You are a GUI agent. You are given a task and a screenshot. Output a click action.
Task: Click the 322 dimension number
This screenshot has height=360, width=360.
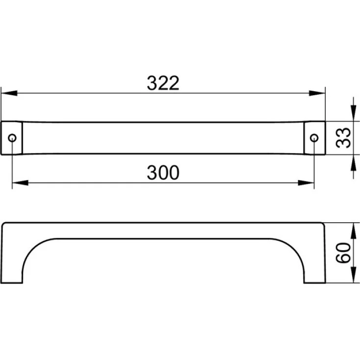pyautogui.click(x=163, y=83)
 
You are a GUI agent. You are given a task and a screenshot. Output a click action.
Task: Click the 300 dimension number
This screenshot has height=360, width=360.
pyautogui.click(x=163, y=173)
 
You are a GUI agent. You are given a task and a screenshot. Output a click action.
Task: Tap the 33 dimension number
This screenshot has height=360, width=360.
pyautogui.click(x=343, y=138)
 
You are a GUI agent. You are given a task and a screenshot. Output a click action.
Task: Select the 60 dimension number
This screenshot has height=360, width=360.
pyautogui.click(x=343, y=253)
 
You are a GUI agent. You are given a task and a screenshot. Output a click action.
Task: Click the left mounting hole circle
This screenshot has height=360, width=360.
pyautogui.click(x=12, y=138)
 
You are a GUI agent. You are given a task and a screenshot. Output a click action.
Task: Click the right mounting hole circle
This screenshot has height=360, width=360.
pyautogui.click(x=314, y=138)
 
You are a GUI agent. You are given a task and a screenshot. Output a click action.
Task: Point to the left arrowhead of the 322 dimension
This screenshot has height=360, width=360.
pyautogui.click(x=9, y=93)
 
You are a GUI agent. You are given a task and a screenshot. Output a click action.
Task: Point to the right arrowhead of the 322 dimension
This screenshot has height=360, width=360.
pyautogui.click(x=317, y=93)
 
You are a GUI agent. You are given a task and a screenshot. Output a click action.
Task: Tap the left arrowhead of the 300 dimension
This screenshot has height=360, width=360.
pyautogui.click(x=20, y=183)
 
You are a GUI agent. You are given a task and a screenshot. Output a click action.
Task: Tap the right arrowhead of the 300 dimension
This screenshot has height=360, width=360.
pyautogui.click(x=306, y=183)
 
